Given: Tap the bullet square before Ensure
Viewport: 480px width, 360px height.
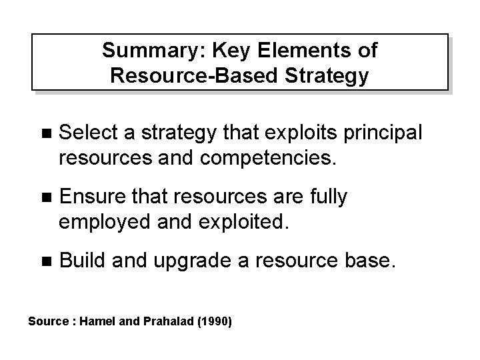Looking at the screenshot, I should tap(45, 197).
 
